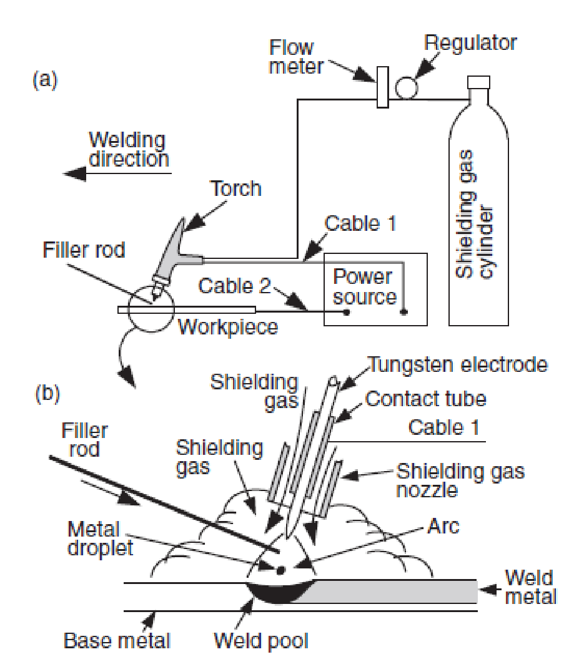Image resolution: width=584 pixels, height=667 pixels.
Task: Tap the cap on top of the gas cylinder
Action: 479,82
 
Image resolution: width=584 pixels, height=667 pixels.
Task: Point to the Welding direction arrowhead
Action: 76,173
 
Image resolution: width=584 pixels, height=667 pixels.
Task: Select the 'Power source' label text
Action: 364,286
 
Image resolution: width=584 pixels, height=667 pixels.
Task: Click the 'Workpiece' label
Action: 228,326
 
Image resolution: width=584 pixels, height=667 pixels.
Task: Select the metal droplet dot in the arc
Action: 280,569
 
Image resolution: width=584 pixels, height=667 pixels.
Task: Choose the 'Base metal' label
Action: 116,640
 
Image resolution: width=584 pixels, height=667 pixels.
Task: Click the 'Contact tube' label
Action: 425,398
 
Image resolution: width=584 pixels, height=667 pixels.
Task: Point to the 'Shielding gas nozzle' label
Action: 460,479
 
